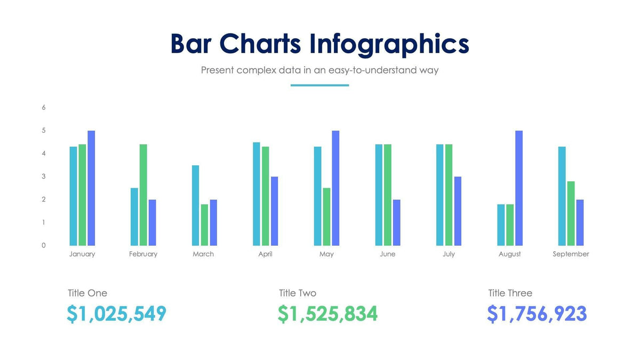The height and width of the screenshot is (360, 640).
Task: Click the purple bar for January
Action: point(91,188)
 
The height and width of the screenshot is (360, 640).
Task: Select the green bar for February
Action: point(143,195)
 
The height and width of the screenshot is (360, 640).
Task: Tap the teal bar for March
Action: point(195,205)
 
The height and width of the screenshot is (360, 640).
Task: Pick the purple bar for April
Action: point(274,211)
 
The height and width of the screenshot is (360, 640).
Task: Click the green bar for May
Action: point(326,217)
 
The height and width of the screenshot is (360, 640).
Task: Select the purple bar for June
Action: point(396,222)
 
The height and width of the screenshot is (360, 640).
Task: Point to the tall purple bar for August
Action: point(518,188)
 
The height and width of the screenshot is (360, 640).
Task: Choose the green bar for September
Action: point(571,213)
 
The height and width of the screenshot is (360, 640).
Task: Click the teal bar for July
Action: point(440,195)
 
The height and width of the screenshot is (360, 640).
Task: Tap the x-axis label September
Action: point(571,254)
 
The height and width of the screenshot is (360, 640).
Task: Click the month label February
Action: point(143,254)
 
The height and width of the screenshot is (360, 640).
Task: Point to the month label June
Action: point(388,254)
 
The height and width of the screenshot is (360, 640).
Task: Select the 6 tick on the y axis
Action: point(44,107)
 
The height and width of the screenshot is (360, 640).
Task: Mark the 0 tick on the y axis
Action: point(44,245)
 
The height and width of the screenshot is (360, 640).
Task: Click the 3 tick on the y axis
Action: point(44,177)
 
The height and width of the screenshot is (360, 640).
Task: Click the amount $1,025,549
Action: point(117,314)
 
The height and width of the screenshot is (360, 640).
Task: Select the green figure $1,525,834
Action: point(327,314)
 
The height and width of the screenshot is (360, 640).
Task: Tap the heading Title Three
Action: point(510,293)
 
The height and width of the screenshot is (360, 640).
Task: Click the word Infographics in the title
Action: point(389,44)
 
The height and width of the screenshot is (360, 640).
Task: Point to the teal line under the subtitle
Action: point(319,85)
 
